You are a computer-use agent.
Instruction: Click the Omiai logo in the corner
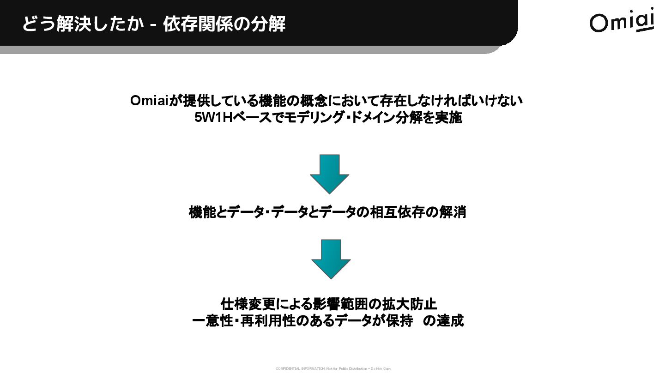(x=622, y=20)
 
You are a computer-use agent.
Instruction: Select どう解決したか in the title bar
(x=83, y=24)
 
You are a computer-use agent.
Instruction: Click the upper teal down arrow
(x=329, y=174)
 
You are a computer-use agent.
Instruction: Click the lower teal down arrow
(x=331, y=259)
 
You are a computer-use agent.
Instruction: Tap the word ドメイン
(x=372, y=118)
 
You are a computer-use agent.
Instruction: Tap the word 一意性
(x=212, y=321)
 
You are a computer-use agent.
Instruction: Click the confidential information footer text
(x=333, y=368)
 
